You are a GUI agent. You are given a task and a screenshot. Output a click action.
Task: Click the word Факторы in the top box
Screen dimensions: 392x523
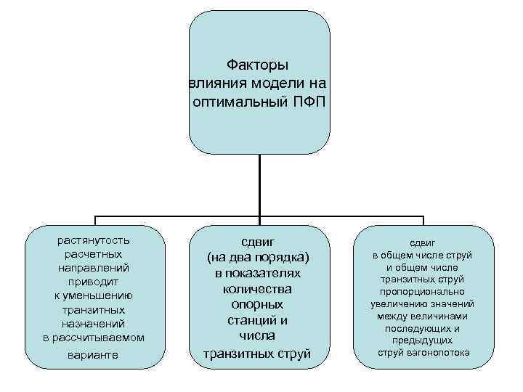coord(258,65)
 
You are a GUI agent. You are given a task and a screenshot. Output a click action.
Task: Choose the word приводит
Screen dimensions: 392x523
coord(94,282)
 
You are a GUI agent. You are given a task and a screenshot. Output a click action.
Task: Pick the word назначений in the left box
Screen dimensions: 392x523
coord(94,323)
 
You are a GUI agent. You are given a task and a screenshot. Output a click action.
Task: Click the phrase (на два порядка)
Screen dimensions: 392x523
coord(258,257)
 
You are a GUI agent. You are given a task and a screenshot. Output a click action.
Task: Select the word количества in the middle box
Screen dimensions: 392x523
coord(258,288)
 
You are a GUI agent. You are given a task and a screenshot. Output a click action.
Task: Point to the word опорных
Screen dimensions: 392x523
coord(258,304)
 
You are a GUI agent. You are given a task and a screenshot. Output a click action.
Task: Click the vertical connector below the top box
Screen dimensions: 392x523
coord(259,185)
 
